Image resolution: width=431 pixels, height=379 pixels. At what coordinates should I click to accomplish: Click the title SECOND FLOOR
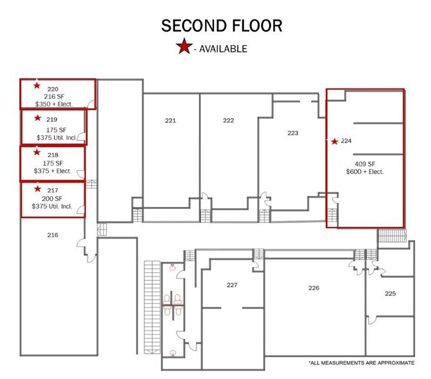click(x=221, y=26)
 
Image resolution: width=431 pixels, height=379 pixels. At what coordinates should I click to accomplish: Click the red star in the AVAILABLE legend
click(x=184, y=47)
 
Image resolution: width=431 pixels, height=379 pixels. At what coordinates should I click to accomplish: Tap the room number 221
click(x=170, y=121)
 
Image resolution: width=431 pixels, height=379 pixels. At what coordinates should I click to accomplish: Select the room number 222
click(x=228, y=121)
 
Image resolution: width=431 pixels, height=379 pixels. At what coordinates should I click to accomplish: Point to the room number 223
click(x=292, y=133)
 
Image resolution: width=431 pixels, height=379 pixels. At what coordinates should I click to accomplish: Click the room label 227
click(x=232, y=284)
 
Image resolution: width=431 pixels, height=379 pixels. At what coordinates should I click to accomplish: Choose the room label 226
click(x=314, y=287)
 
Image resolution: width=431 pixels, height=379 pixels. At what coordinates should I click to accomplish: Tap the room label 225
click(x=390, y=293)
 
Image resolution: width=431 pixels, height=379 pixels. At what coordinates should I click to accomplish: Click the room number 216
click(x=53, y=235)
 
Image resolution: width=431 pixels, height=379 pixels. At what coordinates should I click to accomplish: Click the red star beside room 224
click(x=334, y=141)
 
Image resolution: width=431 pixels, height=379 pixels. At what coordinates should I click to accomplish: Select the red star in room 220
click(x=37, y=85)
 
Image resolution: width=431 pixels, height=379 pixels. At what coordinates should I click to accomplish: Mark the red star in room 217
click(x=37, y=189)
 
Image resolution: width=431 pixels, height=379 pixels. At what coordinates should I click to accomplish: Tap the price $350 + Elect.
click(x=53, y=104)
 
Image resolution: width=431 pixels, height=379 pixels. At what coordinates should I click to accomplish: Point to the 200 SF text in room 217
click(x=52, y=199)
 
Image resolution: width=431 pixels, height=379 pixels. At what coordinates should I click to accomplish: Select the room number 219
click(x=52, y=119)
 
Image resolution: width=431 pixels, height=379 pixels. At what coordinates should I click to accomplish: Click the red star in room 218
click(x=37, y=153)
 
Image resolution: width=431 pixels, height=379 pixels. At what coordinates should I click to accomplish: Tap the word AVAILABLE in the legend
click(x=223, y=48)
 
